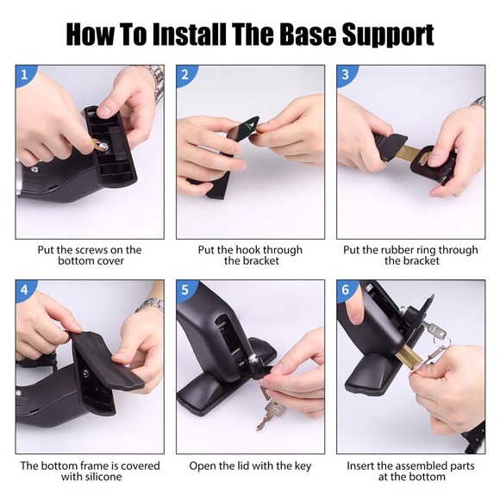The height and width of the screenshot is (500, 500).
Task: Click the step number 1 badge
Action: (x=24, y=75)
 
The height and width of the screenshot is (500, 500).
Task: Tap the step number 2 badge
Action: (x=185, y=75)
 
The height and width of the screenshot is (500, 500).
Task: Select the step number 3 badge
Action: (x=346, y=75)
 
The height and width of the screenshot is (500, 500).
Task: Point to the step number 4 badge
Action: (x=24, y=290)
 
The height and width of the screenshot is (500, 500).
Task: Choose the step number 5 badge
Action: (x=185, y=290)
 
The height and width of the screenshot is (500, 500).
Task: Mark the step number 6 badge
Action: (x=346, y=290)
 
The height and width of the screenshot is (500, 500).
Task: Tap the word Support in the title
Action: (x=388, y=36)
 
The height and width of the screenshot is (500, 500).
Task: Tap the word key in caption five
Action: (x=303, y=466)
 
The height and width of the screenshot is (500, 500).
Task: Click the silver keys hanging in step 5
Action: (x=271, y=408)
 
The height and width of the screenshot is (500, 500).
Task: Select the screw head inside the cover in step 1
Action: (x=103, y=147)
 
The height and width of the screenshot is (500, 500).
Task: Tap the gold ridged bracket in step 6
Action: (x=410, y=355)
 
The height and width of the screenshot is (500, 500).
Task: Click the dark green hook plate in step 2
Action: (x=245, y=129)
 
